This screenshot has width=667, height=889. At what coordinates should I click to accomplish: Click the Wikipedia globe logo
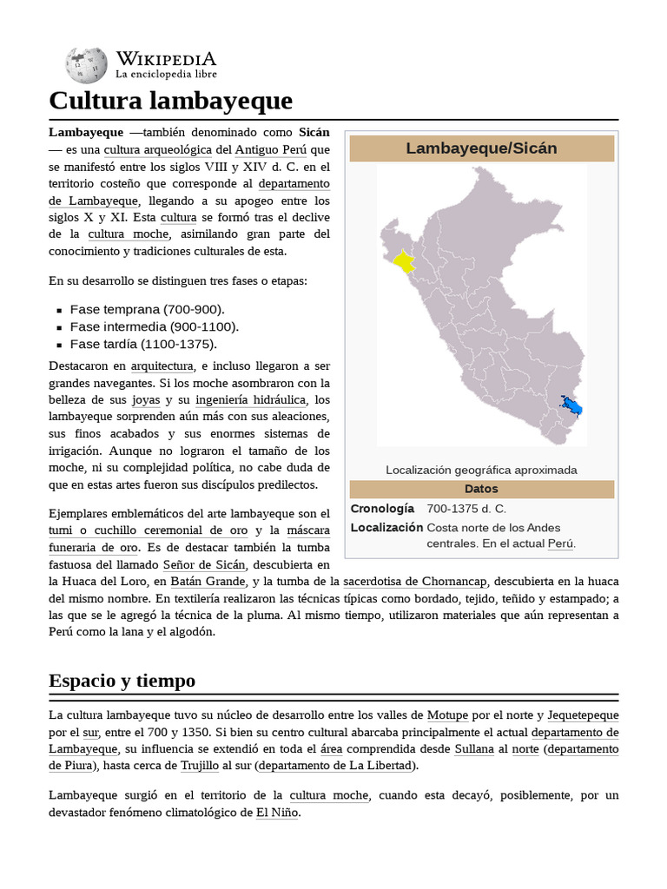(x=86, y=65)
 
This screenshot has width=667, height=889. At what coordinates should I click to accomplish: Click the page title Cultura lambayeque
(x=170, y=101)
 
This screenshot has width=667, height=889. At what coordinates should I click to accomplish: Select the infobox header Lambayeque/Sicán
(x=481, y=148)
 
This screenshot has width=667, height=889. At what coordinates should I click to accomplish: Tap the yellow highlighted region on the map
(x=403, y=261)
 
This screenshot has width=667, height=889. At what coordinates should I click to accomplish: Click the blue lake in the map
(x=571, y=405)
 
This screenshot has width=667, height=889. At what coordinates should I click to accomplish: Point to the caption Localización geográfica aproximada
(x=481, y=470)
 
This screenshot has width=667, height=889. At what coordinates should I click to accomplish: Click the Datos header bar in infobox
(x=481, y=489)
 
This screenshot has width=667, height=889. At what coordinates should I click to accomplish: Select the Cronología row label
(x=382, y=509)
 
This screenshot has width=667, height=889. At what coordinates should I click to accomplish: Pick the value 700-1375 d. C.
(x=466, y=509)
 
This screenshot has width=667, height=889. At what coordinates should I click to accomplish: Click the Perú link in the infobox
(x=560, y=543)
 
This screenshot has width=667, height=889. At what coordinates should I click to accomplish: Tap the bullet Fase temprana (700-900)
(x=147, y=309)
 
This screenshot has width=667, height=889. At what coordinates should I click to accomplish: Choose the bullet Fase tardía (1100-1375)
(x=142, y=344)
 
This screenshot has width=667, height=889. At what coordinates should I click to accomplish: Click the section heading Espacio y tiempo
(x=122, y=681)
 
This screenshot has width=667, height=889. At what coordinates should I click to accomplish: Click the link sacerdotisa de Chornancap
(x=416, y=581)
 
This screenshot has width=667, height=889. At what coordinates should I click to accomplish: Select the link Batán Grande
(x=208, y=581)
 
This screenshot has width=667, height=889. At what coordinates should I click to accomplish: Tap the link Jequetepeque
(x=583, y=715)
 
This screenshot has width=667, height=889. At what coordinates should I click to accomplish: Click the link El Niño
(x=277, y=813)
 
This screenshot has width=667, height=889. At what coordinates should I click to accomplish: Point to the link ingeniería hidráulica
(x=250, y=400)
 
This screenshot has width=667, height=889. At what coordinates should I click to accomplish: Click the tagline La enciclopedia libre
(x=166, y=76)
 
